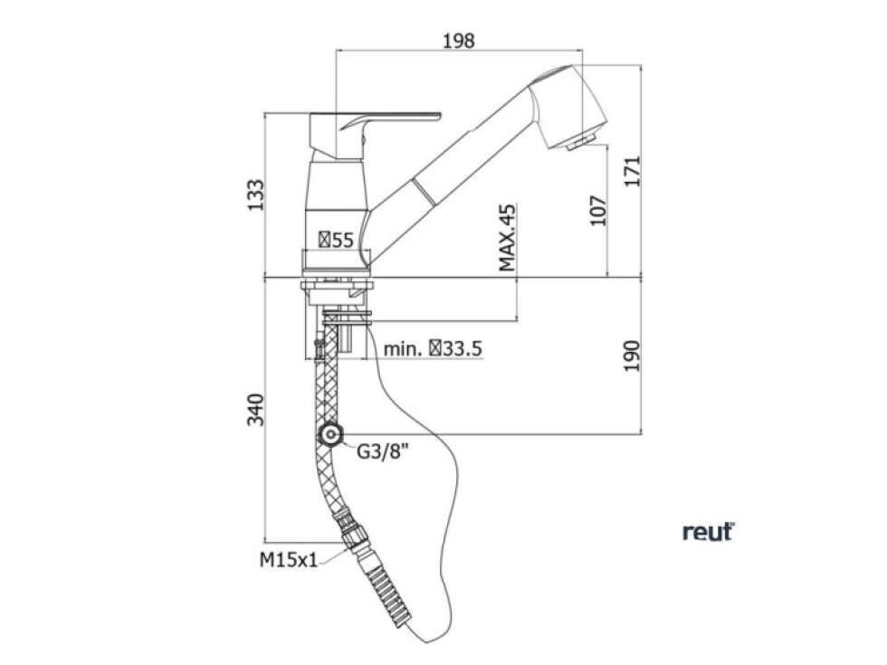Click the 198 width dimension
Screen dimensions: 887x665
[459, 41]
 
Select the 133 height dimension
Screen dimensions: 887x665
[255, 195]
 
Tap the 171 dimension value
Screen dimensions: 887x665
[632, 171]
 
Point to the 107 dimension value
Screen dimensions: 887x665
[598, 210]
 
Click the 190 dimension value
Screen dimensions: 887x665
[632, 356]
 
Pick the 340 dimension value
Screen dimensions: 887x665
[255, 410]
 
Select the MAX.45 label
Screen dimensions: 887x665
[508, 238]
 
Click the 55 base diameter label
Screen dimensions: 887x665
[336, 240]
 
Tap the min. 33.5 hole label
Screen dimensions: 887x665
[433, 349]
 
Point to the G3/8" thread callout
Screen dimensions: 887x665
[382, 451]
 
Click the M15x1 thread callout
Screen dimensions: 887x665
[289, 560]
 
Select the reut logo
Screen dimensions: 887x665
[708, 532]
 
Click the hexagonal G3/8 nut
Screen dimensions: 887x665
[329, 435]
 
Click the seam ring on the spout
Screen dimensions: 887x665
[424, 192]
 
